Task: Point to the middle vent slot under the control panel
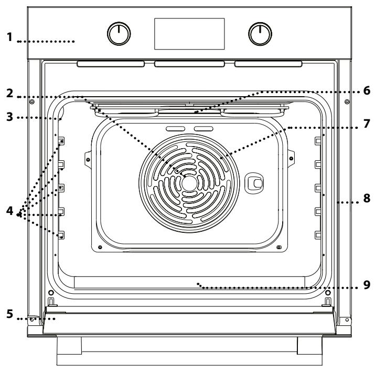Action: pyautogui.click(x=189, y=64)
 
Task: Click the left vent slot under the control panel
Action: pyautogui.click(x=111, y=64)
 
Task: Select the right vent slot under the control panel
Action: pyautogui.click(x=268, y=64)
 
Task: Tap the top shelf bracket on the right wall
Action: pyautogui.click(x=317, y=141)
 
